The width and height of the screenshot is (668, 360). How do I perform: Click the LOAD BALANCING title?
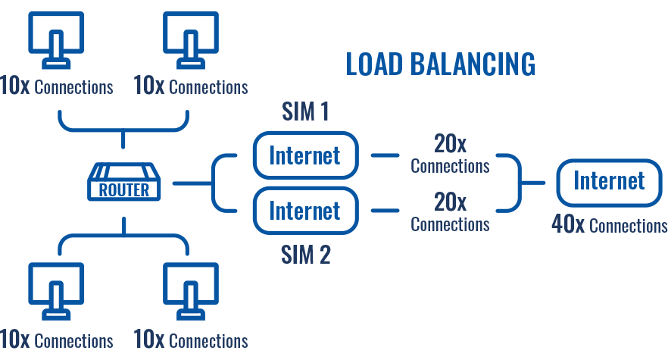[x=440, y=64]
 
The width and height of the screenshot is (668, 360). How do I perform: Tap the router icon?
[x=124, y=182]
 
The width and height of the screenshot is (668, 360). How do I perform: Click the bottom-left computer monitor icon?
[x=55, y=293]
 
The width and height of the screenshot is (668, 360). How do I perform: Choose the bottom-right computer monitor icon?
[x=191, y=293]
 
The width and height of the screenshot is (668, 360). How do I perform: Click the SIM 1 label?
[x=305, y=113]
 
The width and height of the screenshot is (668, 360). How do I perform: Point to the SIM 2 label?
[x=305, y=255]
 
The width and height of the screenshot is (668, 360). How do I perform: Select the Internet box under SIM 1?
[x=304, y=155]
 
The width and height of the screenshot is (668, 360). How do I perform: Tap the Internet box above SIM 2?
[x=304, y=209]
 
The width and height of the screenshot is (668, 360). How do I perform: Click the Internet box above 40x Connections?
[x=609, y=181]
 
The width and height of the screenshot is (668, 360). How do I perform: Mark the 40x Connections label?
[x=609, y=225]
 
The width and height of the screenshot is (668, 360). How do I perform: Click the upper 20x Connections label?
[x=450, y=154]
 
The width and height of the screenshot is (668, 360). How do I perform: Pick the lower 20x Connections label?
[x=450, y=213]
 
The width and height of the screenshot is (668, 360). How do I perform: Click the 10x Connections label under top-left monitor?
[x=56, y=86]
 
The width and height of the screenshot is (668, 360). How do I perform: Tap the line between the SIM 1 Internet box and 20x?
[x=385, y=155]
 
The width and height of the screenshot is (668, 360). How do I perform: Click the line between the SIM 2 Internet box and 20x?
[x=385, y=209]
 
